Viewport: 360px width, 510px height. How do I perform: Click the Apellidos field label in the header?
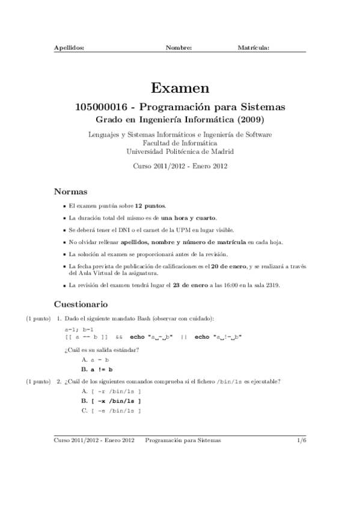point(69,47)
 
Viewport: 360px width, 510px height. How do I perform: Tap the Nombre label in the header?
point(178,47)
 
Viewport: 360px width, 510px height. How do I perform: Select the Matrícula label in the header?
point(253,47)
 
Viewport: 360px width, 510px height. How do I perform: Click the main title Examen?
point(180,88)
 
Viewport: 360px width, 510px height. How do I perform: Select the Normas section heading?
point(71,192)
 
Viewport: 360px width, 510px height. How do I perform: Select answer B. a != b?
point(97,369)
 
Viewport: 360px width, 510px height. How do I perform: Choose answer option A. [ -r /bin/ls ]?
point(111,391)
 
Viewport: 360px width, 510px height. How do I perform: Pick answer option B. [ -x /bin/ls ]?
point(111,401)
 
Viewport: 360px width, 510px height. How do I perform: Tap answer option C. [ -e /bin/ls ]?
point(111,410)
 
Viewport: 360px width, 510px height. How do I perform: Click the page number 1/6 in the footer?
point(302,440)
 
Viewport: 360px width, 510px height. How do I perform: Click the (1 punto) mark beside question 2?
point(38,381)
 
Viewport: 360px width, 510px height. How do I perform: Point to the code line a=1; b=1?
point(78,330)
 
